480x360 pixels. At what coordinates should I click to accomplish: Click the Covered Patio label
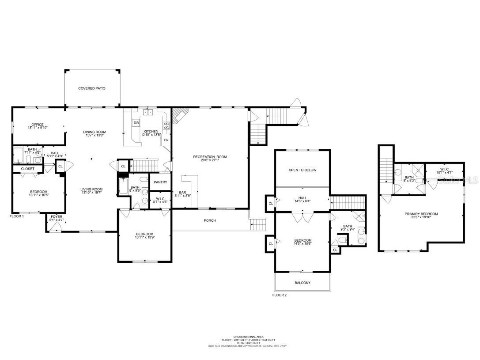click(x=92, y=88)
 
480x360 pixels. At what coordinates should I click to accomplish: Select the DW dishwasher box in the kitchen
click(x=136, y=123)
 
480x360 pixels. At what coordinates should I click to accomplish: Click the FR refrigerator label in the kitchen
click(x=166, y=140)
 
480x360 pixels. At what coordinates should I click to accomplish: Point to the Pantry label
click(x=160, y=182)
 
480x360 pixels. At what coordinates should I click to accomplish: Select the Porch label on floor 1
click(x=210, y=220)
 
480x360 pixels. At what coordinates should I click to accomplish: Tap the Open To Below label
click(x=302, y=170)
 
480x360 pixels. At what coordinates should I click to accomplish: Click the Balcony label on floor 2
click(x=302, y=283)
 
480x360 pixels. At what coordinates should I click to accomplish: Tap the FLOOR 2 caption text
click(x=280, y=295)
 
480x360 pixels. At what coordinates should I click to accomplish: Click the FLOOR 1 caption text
click(x=17, y=216)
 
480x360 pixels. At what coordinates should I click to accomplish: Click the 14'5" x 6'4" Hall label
click(x=302, y=199)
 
